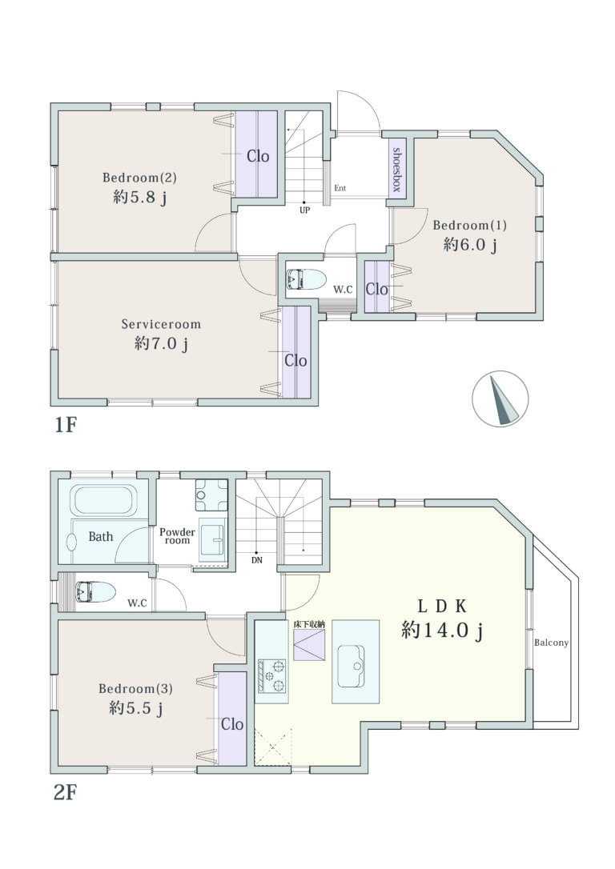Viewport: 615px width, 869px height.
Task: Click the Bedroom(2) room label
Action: point(139,178)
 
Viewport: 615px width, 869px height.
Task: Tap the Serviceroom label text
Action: point(161,324)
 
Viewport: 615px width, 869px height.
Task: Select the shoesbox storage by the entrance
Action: point(396,170)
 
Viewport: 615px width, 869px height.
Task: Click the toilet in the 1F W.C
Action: point(307,279)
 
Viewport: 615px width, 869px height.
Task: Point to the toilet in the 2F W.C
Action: point(95,592)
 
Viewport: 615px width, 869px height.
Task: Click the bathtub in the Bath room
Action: point(104,502)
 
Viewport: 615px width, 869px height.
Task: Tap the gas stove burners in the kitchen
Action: point(271,676)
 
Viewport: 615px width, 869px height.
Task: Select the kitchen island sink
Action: point(352,666)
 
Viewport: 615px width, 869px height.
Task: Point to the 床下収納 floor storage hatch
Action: point(309,644)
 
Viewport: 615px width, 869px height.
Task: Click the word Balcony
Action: point(551,643)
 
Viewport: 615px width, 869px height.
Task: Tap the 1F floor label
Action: point(65,425)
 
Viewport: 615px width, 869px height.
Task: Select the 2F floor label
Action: point(65,793)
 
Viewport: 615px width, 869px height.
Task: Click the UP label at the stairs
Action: point(304,210)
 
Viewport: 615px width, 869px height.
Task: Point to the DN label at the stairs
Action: point(257,560)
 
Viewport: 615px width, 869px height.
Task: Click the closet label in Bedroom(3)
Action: point(232,724)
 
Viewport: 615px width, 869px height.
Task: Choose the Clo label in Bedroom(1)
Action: point(376,289)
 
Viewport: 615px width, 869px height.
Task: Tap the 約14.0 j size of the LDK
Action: point(443,631)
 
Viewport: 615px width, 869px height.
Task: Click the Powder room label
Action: point(177,536)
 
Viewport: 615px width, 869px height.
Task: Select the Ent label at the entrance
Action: point(340,188)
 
